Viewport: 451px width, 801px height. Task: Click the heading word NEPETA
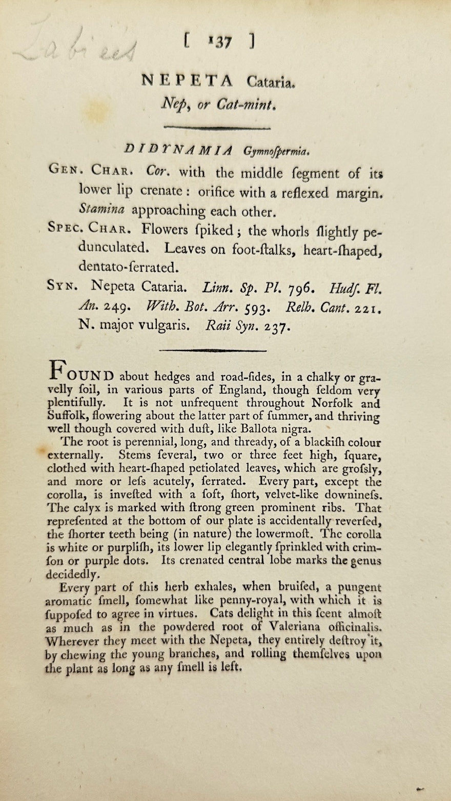[187, 80]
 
